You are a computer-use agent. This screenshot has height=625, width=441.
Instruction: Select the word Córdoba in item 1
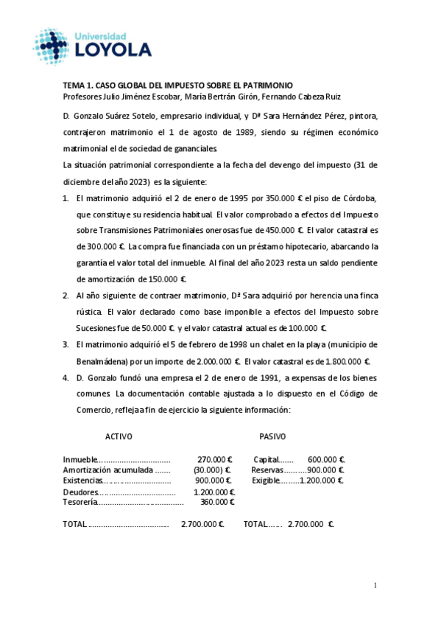[x=355, y=198]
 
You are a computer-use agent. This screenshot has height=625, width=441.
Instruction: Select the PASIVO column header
[x=272, y=436]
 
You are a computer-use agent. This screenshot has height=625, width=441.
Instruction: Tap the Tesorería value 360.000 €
[x=217, y=502]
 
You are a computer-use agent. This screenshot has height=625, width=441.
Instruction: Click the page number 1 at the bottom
[x=375, y=586]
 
